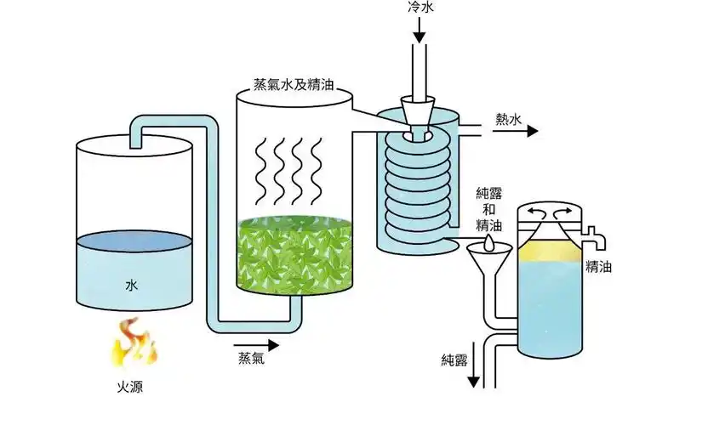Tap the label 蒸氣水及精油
tap(293, 85)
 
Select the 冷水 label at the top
tap(419, 8)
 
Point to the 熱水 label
tap(507, 119)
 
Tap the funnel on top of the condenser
tap(418, 110)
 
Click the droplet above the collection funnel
tap(487, 241)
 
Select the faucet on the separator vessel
tap(592, 231)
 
